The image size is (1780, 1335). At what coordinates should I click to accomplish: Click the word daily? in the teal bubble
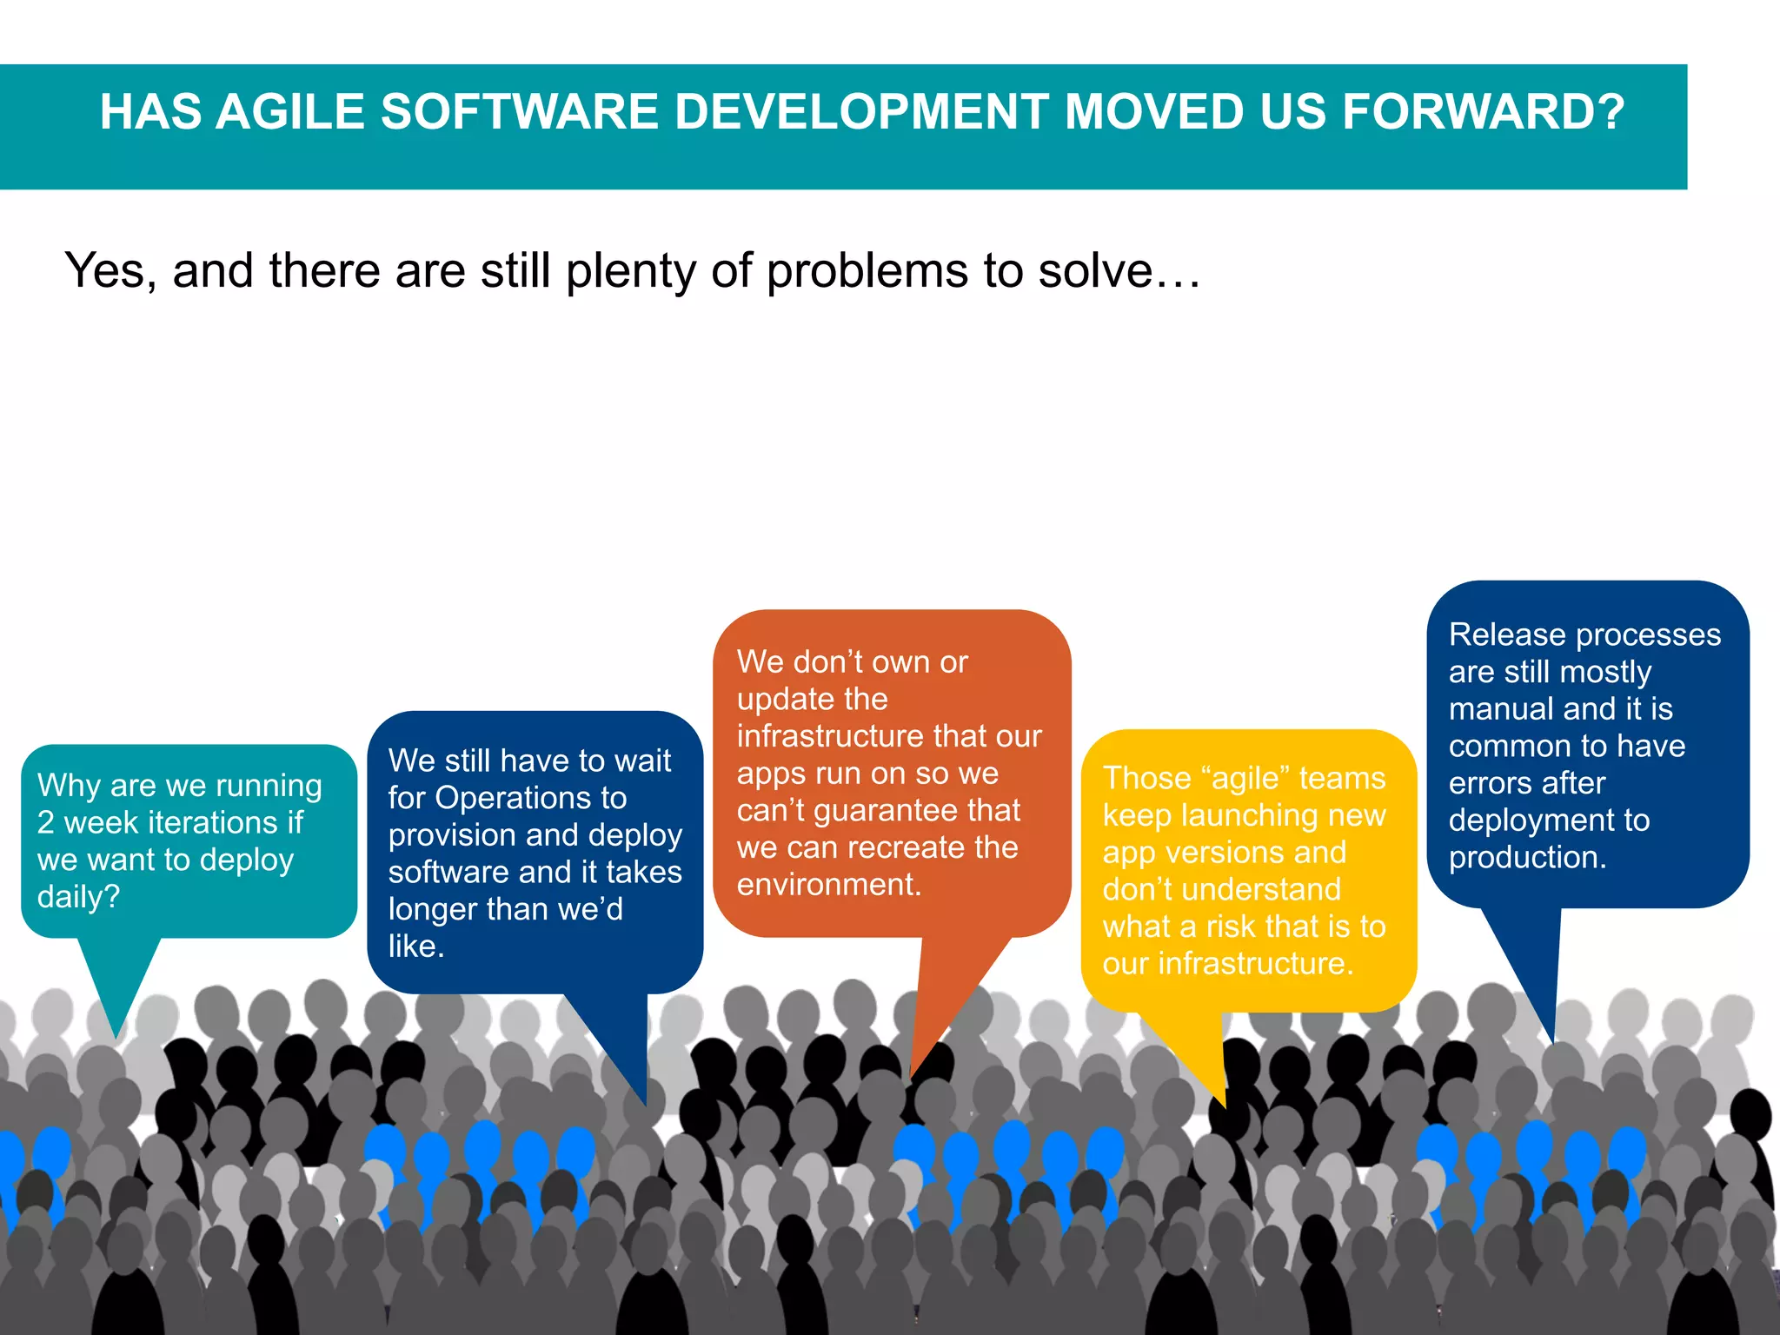coord(78,897)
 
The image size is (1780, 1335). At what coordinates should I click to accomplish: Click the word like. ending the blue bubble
coord(416,946)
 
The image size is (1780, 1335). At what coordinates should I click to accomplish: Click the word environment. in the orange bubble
coord(828,885)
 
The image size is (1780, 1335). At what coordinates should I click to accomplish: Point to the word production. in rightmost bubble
coord(1527,858)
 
